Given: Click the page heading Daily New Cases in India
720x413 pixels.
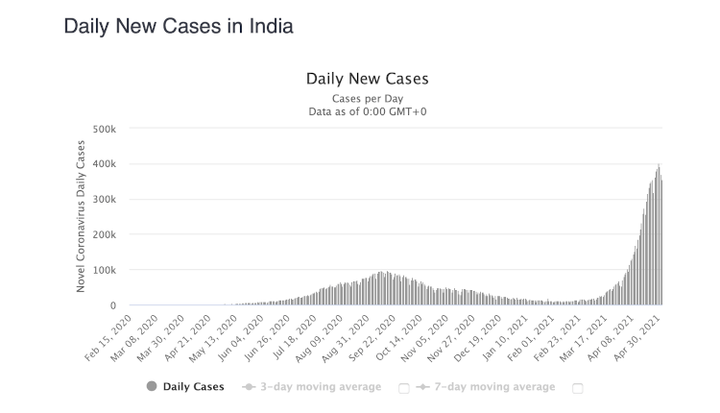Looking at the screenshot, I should tap(178, 26).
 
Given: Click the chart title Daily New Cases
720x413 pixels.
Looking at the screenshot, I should tap(367, 78).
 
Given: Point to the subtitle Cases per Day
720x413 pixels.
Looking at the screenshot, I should tap(367, 98).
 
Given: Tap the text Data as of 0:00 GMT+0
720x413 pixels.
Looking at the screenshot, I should tap(367, 111).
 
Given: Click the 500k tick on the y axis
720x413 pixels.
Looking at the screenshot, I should tap(103, 129).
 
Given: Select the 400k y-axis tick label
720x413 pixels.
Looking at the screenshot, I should tap(103, 164).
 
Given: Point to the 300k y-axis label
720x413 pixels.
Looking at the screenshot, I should tap(103, 200).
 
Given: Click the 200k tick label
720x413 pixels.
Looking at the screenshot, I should tap(103, 235).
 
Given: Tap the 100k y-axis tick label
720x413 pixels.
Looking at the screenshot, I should tap(103, 271).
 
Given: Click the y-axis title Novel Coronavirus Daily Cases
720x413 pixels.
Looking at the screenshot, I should tap(81, 216).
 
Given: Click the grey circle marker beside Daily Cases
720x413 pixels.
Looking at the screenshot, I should tap(152, 387).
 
